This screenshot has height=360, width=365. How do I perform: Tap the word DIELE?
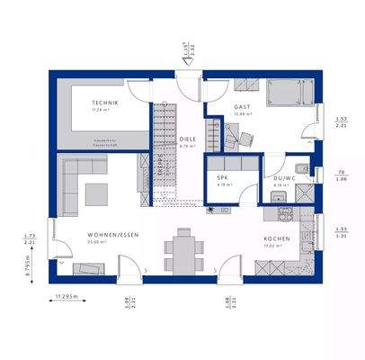coord(187,139)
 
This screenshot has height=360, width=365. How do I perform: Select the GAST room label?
coord(240,106)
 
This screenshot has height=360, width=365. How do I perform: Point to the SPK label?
coord(223,177)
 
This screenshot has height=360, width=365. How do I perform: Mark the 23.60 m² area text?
coord(88,242)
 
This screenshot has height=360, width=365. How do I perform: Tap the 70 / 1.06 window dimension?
coord(342,175)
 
